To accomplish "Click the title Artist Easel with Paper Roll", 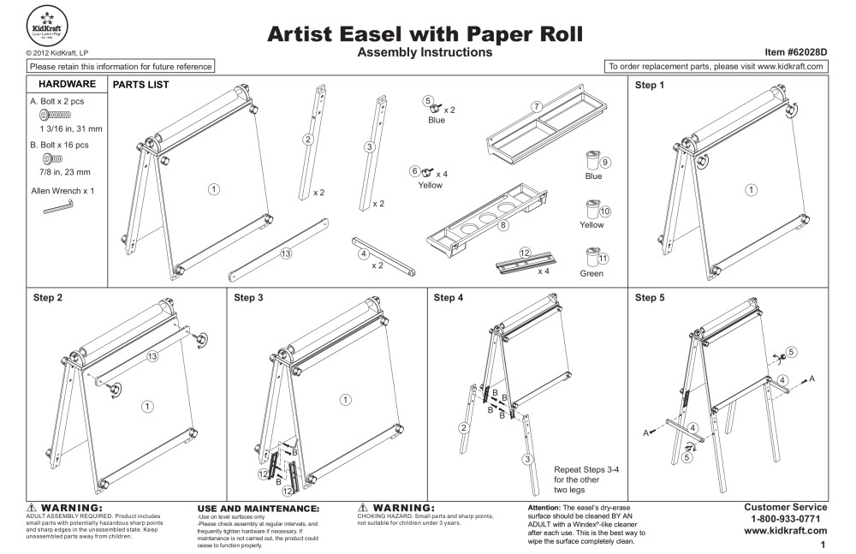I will click(425, 33).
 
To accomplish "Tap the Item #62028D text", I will click(793, 52).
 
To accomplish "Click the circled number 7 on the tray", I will click(537, 106).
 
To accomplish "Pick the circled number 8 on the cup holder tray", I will click(503, 225).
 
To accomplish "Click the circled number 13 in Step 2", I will click(152, 357).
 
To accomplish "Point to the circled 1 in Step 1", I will click(751, 189).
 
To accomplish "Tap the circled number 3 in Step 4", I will click(529, 459).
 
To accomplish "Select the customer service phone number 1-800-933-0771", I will click(786, 519).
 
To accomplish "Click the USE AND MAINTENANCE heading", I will click(258, 508).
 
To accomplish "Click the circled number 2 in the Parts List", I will click(306, 138).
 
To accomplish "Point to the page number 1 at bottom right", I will click(823, 544).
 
